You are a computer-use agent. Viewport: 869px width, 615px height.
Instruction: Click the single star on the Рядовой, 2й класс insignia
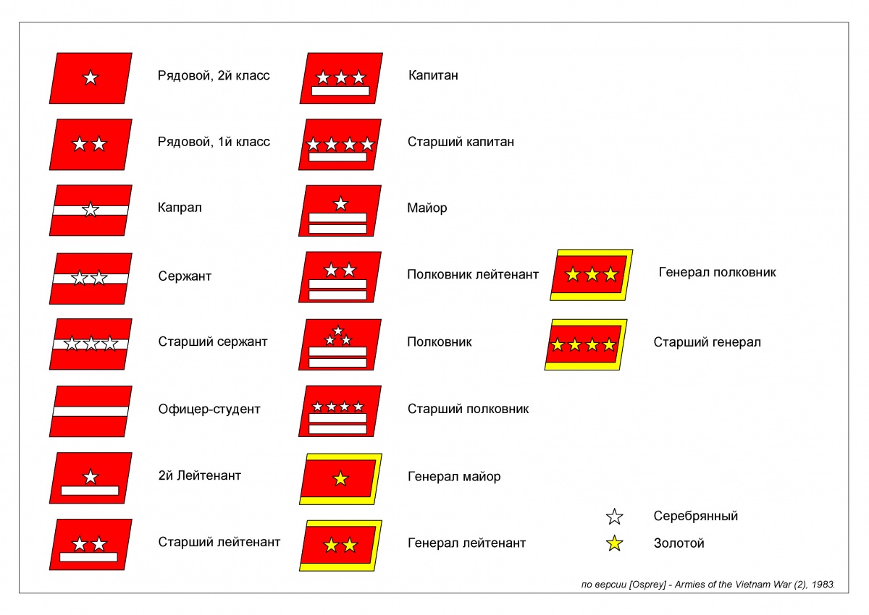tap(91, 77)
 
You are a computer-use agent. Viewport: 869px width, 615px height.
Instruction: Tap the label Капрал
tap(180, 208)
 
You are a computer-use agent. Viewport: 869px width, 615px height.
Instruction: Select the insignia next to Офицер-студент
tap(91, 411)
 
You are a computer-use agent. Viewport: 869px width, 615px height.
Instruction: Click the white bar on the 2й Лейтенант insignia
tap(90, 491)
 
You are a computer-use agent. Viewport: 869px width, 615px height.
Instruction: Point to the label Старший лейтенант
tap(219, 542)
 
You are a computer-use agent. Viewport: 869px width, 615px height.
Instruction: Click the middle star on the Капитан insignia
tap(341, 77)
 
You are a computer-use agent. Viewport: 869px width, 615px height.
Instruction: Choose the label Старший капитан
tap(461, 142)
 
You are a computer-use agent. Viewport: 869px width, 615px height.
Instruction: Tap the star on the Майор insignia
tap(340, 204)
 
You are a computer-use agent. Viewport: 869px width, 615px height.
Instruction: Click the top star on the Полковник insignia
tap(338, 331)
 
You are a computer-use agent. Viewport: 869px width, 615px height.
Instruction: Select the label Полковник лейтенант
tap(473, 274)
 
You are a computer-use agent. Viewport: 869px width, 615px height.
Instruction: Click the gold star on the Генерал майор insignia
tap(340, 478)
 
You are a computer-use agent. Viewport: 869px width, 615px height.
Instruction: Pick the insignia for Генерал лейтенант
tap(340, 546)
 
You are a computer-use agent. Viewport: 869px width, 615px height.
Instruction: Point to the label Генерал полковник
tap(717, 273)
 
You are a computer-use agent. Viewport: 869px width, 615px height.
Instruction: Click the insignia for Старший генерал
tap(585, 345)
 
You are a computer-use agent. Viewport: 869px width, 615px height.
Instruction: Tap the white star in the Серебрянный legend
tap(615, 517)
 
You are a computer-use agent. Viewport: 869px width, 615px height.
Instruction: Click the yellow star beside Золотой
tap(615, 543)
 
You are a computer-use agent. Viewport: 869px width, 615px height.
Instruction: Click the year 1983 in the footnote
tap(823, 583)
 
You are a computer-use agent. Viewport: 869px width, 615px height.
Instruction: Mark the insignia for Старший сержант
tap(91, 344)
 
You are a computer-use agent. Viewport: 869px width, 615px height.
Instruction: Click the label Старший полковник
tap(468, 409)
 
